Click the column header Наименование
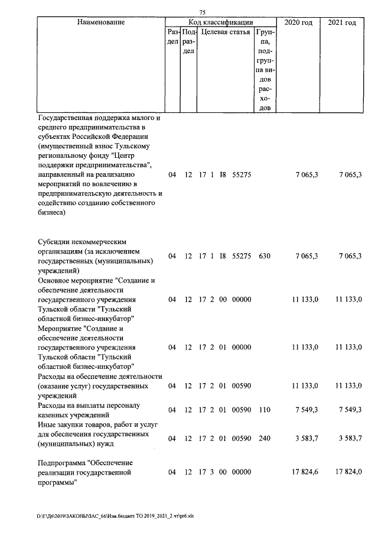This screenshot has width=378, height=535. (x=101, y=22)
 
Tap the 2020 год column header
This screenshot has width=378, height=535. (x=298, y=22)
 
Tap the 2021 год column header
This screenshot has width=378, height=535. (x=342, y=22)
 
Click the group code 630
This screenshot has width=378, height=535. (x=264, y=256)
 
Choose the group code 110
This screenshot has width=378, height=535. (x=264, y=409)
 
